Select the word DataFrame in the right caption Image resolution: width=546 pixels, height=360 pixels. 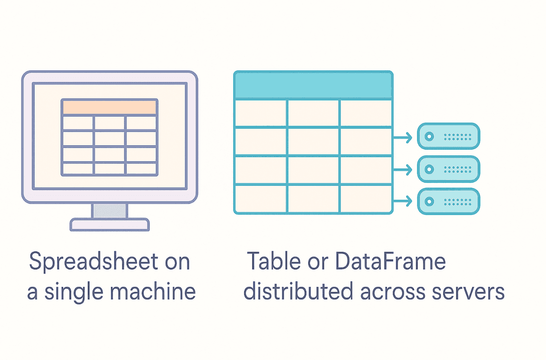(x=391, y=262)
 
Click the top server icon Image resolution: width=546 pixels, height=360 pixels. (x=448, y=136)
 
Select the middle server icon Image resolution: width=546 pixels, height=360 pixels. (x=448, y=169)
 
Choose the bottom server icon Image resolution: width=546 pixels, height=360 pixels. (x=448, y=201)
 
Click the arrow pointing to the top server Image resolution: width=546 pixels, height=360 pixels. (x=403, y=137)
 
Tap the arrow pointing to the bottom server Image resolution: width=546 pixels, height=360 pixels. (x=403, y=202)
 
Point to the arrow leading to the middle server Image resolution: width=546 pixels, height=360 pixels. (x=403, y=169)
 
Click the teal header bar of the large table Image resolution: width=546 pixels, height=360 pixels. (x=313, y=85)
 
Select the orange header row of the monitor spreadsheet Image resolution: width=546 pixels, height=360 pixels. (x=110, y=107)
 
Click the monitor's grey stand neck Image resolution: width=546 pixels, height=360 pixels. (x=110, y=211)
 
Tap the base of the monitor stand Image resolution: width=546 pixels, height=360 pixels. (x=110, y=225)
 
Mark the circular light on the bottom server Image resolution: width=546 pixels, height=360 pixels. (x=429, y=202)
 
